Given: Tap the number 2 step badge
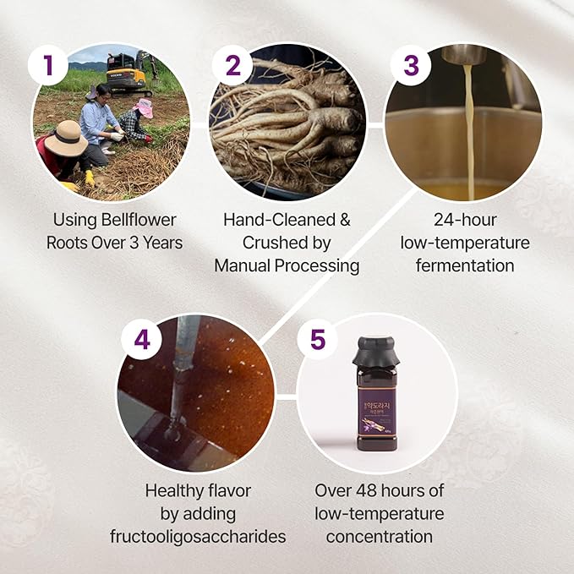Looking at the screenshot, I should (x=232, y=65).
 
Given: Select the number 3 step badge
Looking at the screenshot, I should (x=410, y=65).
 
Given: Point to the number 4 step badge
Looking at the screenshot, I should (x=142, y=339).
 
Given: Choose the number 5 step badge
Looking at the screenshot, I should (x=317, y=339).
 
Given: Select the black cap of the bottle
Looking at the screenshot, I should (x=375, y=356).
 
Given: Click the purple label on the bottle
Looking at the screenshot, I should (x=376, y=407).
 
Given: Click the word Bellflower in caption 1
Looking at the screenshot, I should (x=134, y=220).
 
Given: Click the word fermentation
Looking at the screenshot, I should (x=464, y=265).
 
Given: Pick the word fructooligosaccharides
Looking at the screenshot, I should (x=198, y=536).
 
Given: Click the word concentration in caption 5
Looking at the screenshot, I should (x=379, y=536).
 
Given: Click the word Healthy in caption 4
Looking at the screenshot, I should (x=175, y=490).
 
